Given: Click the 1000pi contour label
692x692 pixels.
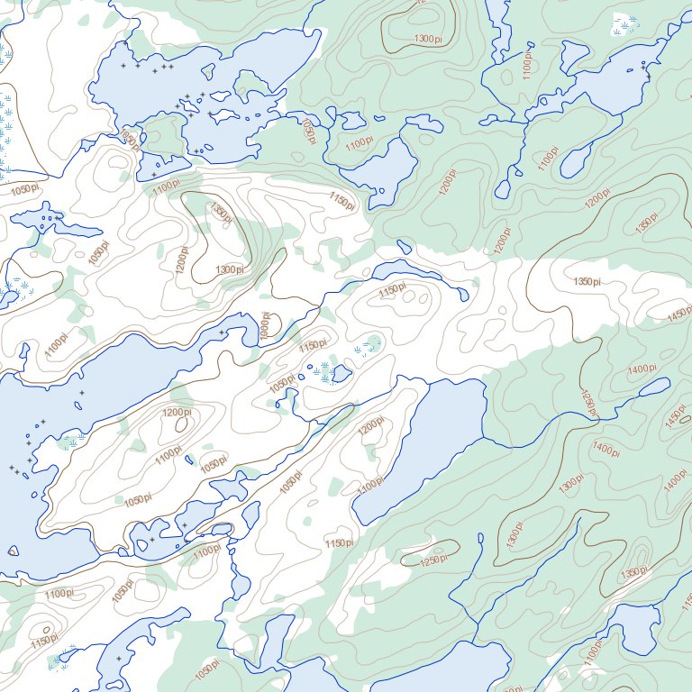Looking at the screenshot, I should [x=266, y=325].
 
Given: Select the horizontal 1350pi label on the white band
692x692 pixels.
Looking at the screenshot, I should [x=587, y=282].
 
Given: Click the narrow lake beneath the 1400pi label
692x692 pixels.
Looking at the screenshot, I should [x=646, y=390].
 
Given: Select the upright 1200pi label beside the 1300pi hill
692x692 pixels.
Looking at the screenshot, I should [x=183, y=260].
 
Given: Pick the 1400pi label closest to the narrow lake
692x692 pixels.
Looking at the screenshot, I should [x=642, y=369].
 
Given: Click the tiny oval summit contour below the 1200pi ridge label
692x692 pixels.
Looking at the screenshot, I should [x=181, y=423].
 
